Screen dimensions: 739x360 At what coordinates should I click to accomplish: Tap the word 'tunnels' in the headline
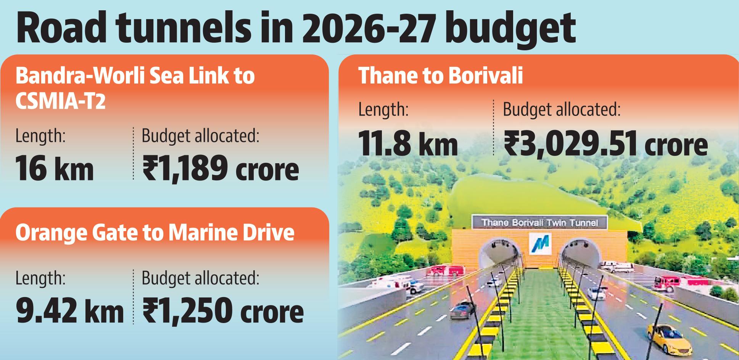click(x=183, y=29)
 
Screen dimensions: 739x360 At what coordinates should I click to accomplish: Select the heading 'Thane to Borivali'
click(x=441, y=76)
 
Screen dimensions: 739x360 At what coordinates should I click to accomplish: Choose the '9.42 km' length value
click(x=69, y=311)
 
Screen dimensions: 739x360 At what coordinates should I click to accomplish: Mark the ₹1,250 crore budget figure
click(x=223, y=311)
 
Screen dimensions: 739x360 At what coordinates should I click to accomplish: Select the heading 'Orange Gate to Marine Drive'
click(x=155, y=232)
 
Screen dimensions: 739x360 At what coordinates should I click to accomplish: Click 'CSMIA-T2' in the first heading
click(x=60, y=102)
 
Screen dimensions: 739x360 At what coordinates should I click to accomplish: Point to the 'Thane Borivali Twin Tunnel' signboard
click(x=539, y=222)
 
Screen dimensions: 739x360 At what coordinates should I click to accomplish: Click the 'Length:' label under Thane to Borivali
click(x=383, y=110)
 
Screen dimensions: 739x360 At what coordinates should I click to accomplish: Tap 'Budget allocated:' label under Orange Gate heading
click(x=201, y=278)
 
